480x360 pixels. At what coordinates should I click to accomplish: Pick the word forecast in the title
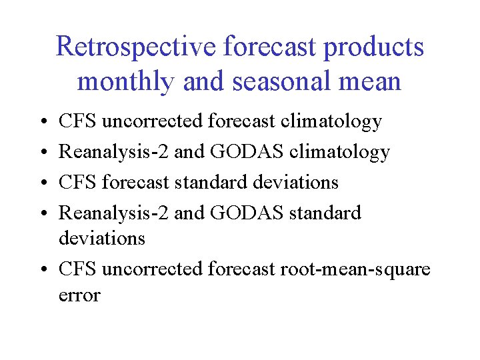pos(260,47)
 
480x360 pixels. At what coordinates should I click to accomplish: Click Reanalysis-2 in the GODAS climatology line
pos(114,152)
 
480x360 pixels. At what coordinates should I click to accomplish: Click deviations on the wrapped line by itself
pos(102,238)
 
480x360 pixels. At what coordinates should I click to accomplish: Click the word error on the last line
pos(79,295)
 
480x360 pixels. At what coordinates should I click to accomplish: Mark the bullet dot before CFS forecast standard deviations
pos(43,183)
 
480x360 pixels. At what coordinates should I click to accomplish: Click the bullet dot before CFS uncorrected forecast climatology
pos(43,122)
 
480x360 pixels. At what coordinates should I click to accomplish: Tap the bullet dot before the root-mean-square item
pos(43,270)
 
